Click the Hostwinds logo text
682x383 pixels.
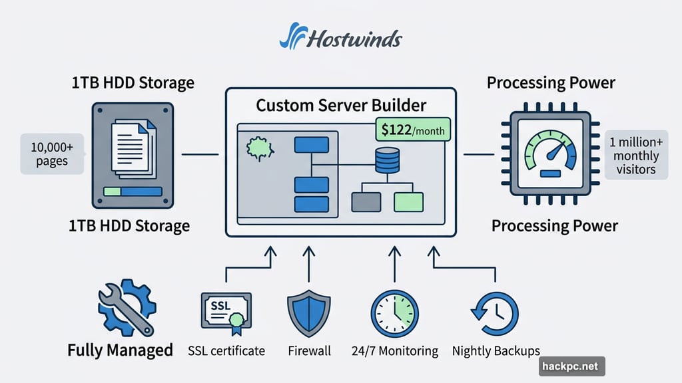(x=354, y=38)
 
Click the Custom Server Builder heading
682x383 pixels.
(x=341, y=105)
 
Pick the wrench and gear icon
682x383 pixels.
(x=126, y=307)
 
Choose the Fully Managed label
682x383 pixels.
(x=120, y=350)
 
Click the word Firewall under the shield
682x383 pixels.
(x=309, y=350)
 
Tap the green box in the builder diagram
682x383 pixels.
(x=408, y=201)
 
